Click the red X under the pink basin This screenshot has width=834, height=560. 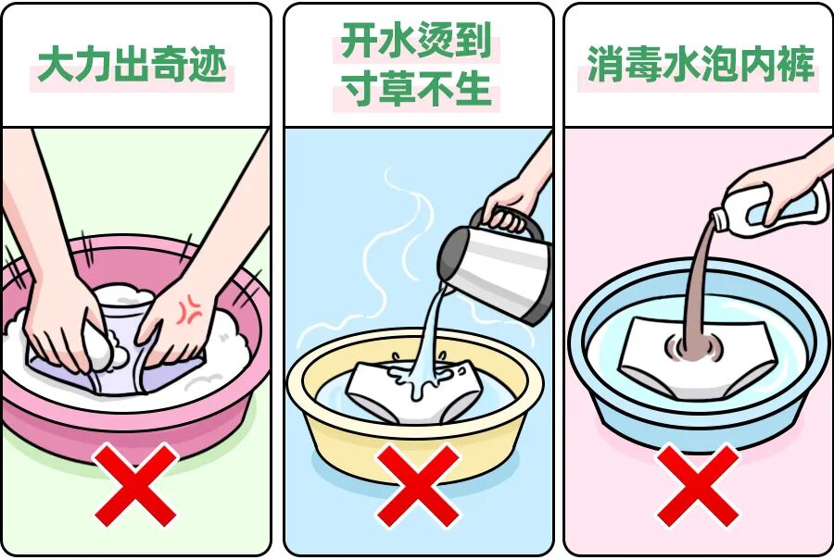coord(135,485)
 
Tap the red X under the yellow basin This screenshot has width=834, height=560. coord(418,485)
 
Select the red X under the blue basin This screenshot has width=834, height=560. coord(698,485)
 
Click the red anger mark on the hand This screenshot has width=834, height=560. coord(189,310)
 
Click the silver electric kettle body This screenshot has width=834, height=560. coord(498,271)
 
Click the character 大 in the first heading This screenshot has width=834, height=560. coord(56,65)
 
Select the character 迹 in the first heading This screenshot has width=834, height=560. coord(208,65)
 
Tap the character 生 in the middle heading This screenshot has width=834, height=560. coord(473,88)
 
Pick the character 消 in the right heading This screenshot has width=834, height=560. coord(606,64)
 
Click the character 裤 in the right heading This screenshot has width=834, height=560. coord(796,64)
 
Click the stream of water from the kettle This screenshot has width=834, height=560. coord(432,335)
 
